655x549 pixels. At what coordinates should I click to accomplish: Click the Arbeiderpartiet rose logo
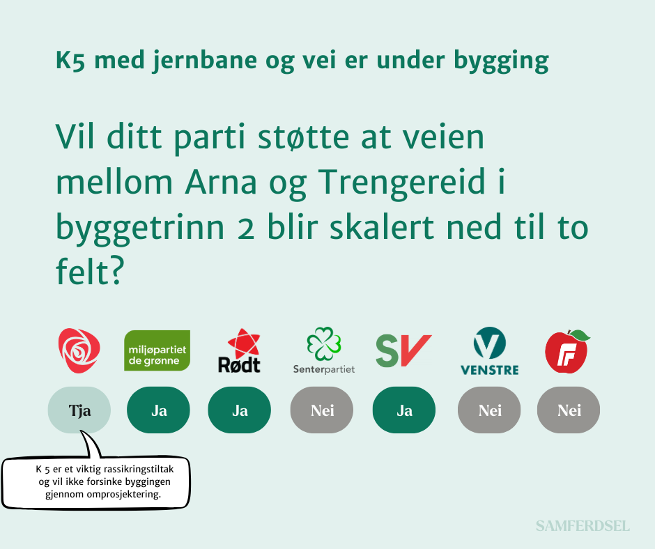[79, 350]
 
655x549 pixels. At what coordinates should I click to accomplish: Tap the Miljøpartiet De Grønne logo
[157, 350]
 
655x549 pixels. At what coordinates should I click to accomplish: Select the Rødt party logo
[240, 350]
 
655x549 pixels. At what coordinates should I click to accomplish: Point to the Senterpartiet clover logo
[324, 350]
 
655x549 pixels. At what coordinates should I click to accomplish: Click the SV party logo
[403, 351]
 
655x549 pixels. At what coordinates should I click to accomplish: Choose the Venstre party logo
[490, 350]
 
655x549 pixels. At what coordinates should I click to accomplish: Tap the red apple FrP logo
[568, 351]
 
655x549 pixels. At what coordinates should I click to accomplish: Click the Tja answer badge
[79, 410]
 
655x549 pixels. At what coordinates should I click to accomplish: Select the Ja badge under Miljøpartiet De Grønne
[158, 410]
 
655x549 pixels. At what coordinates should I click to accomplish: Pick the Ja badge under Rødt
[240, 410]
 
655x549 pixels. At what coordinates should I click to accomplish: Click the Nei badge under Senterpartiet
[322, 410]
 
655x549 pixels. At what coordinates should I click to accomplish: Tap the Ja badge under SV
[404, 410]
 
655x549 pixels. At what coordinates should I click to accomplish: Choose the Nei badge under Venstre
[489, 410]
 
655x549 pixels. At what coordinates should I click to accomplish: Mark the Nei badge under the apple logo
[569, 410]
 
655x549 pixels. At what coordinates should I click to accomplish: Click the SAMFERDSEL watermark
[583, 526]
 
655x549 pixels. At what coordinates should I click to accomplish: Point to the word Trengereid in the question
[402, 183]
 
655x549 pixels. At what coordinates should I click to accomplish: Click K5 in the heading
[70, 60]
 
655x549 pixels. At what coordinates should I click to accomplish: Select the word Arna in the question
[221, 182]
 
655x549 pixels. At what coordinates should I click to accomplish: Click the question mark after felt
[117, 272]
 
